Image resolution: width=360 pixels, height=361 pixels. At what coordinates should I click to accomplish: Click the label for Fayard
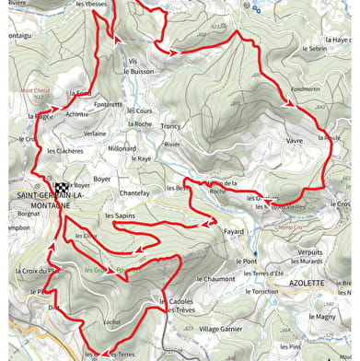point(234,232)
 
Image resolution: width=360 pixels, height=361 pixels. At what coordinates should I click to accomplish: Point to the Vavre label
point(295,141)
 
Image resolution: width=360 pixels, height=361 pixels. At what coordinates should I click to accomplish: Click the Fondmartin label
point(305,89)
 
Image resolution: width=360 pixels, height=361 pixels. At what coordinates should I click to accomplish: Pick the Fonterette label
point(108,104)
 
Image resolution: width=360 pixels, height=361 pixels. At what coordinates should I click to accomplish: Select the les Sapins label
point(120,215)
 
